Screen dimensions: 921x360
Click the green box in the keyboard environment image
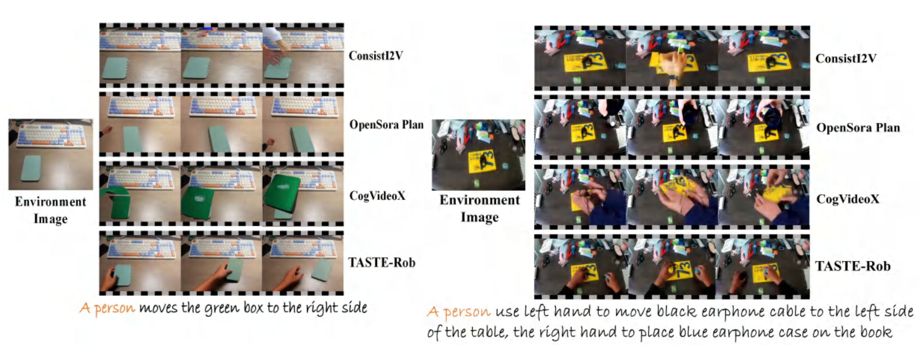click(x=31, y=168)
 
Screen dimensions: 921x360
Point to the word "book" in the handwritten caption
click(x=876, y=332)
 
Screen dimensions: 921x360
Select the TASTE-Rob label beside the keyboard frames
click(x=382, y=263)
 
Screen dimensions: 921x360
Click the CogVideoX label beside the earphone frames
click(x=848, y=199)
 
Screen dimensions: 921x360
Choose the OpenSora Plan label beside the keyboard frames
click(x=387, y=125)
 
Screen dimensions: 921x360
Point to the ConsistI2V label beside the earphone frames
click(x=846, y=58)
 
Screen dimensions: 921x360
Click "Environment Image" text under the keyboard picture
click(x=51, y=210)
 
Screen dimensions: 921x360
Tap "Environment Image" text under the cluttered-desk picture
click(x=480, y=209)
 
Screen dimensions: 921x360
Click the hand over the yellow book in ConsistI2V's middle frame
click(x=671, y=68)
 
